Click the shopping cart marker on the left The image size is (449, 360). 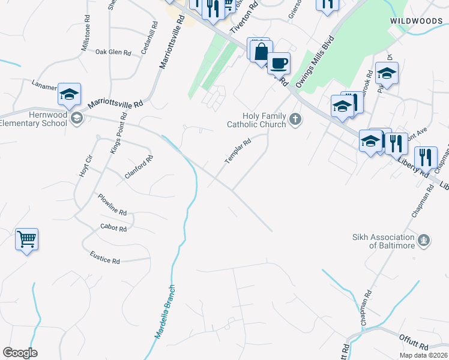click(26, 239)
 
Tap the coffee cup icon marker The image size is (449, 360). click(278, 62)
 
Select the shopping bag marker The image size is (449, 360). click(261, 52)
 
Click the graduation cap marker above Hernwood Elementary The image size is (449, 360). click(69, 94)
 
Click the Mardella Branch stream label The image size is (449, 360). click(166, 311)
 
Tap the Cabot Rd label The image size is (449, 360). click(113, 229)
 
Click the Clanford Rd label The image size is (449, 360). click(139, 167)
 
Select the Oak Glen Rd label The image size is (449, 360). click(113, 52)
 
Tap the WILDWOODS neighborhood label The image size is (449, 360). click(416, 20)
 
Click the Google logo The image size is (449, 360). click(20, 353)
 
